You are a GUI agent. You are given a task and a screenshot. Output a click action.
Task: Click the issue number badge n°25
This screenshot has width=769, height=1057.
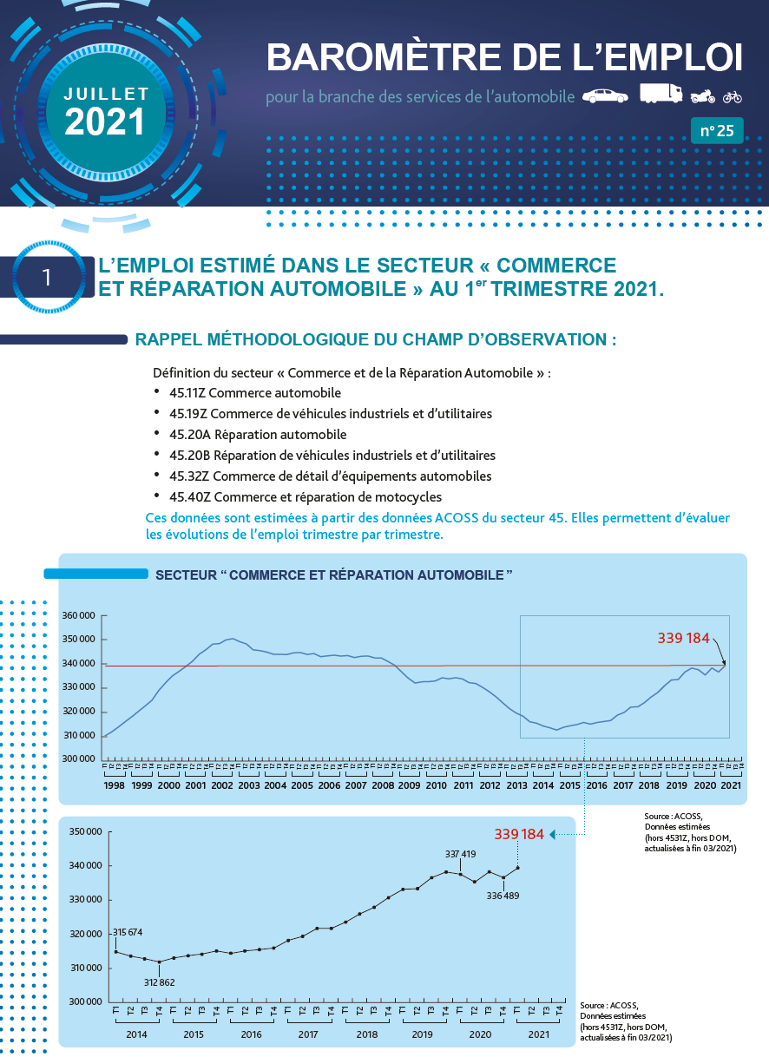pos(717,131)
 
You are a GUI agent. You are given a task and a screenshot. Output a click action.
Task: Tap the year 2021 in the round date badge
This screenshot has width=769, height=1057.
pos(105,122)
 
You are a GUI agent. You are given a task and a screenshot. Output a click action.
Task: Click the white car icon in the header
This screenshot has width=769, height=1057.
pos(605,95)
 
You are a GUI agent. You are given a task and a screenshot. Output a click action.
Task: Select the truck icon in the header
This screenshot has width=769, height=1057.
pos(661,94)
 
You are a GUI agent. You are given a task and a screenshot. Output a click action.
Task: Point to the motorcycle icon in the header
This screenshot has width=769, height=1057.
pos(702,95)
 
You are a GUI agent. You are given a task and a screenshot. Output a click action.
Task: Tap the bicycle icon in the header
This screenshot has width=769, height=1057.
pos(733,96)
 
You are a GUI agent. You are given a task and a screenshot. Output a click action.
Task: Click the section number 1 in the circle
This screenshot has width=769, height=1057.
pos(47,277)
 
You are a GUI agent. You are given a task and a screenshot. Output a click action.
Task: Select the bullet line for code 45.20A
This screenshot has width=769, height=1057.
pos(258,434)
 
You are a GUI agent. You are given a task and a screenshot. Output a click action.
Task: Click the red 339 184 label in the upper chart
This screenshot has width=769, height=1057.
pos(684,639)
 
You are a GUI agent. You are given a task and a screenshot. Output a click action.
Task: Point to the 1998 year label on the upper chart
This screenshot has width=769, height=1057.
pos(115,785)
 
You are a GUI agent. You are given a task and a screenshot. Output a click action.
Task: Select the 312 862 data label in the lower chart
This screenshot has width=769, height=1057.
pos(158,981)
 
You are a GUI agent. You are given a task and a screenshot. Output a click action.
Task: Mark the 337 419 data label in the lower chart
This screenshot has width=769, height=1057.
pos(461,854)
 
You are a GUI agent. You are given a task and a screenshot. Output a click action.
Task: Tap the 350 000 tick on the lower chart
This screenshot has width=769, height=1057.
pos(86,832)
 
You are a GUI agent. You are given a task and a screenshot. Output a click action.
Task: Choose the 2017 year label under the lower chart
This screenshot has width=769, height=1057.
pos(307,1034)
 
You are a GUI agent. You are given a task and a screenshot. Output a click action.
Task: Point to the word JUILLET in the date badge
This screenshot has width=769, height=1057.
pos(106,92)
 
